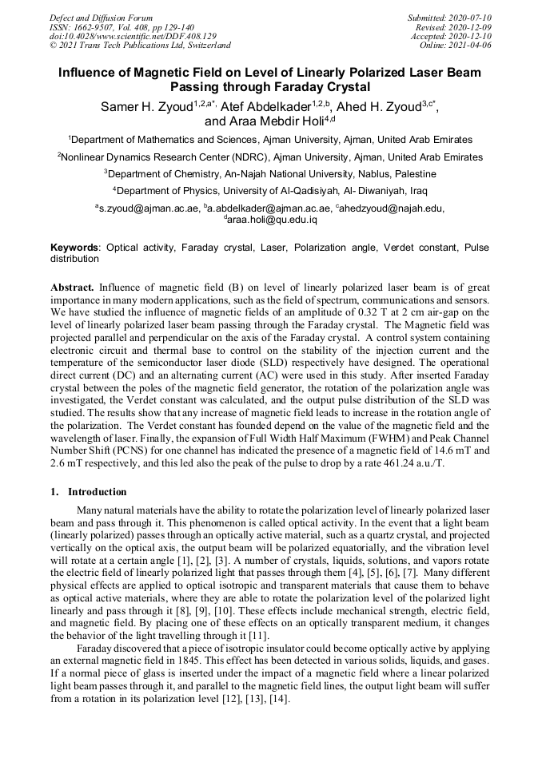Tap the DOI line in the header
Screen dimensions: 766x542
[133, 36]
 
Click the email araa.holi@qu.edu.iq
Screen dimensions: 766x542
[273, 219]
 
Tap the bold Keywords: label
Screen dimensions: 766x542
[76, 248]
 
